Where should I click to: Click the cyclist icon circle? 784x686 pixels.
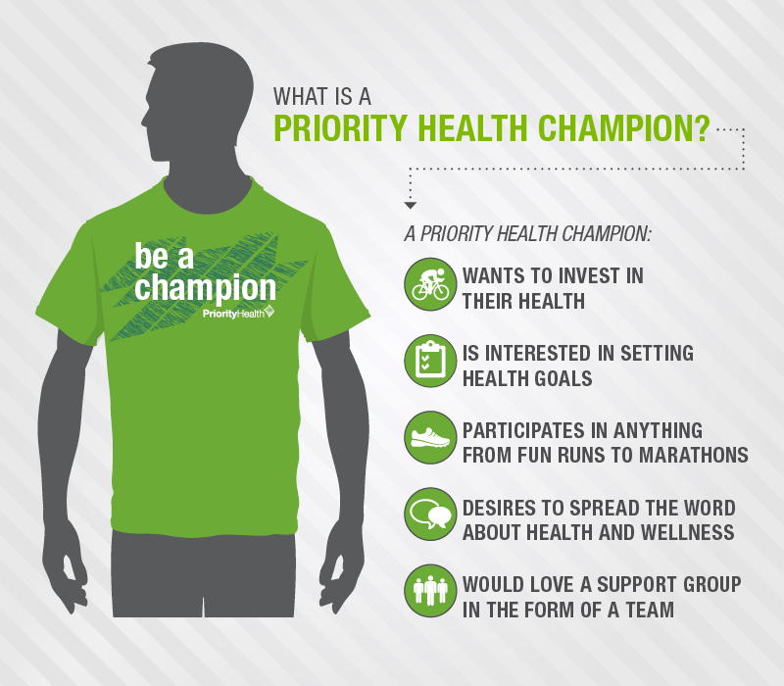(x=430, y=284)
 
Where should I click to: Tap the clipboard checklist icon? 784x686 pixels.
(x=430, y=361)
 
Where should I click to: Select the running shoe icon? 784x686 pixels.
(x=430, y=438)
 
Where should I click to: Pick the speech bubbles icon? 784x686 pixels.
(x=430, y=515)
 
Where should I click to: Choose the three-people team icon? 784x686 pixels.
(x=430, y=592)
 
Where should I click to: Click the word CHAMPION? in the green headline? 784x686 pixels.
(x=624, y=128)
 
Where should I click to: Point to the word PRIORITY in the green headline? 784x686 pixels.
(x=340, y=128)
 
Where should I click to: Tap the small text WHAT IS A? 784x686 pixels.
(x=322, y=96)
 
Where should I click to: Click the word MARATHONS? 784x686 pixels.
(x=694, y=455)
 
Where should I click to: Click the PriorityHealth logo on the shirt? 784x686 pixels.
(x=238, y=313)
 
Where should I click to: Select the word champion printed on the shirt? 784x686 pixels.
(x=205, y=288)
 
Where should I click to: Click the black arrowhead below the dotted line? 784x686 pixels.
(x=410, y=206)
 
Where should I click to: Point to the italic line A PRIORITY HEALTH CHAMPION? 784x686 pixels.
(x=528, y=233)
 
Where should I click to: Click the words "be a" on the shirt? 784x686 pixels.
(x=164, y=257)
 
